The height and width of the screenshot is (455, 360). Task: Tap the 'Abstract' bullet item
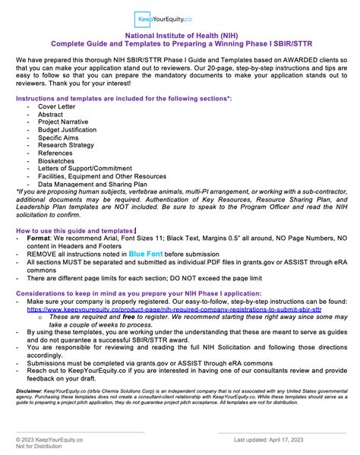click(x=51, y=115)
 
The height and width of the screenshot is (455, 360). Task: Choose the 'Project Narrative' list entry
click(x=63, y=124)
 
